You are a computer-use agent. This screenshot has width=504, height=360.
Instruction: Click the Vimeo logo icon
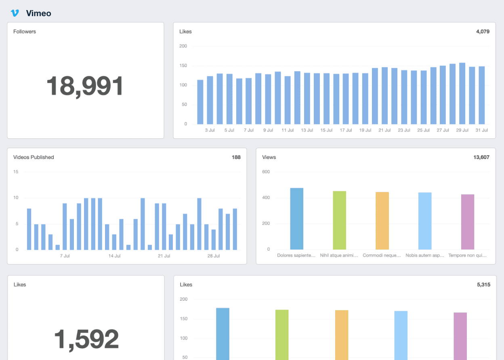point(15,13)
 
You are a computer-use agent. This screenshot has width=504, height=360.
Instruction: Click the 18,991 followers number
point(85,86)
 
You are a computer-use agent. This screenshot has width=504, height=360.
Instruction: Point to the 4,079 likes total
point(483,31)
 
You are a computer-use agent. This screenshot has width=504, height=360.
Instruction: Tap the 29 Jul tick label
point(462,130)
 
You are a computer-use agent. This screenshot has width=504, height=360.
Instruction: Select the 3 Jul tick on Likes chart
point(210,130)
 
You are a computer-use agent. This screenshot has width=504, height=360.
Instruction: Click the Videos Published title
point(34,157)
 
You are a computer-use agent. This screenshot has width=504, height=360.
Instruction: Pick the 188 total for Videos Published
point(236,157)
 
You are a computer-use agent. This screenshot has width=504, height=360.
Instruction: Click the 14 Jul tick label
point(114,256)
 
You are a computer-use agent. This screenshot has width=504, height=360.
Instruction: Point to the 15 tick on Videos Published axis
point(16,172)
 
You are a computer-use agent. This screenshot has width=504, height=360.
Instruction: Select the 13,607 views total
point(481,157)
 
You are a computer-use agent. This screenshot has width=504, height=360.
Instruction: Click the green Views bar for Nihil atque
point(339,220)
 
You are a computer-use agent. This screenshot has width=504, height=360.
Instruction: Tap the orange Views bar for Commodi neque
point(382,220)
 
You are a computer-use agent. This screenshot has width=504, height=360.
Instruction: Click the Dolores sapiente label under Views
point(296,255)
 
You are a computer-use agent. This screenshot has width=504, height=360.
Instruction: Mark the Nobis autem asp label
point(425,255)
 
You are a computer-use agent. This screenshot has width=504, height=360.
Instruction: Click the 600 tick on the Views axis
point(266,172)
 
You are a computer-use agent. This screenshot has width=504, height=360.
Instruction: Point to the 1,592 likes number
point(86,339)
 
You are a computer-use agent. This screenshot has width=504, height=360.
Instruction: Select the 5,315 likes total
point(483,285)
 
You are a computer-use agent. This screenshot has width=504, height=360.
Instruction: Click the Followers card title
point(25,31)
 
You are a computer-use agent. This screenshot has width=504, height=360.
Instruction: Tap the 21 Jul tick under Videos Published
point(164,256)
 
